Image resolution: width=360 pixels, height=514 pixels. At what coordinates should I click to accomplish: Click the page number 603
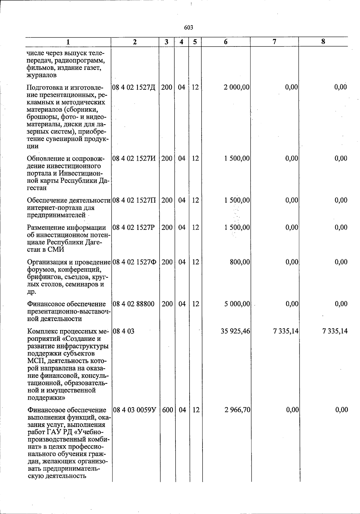click(x=188, y=28)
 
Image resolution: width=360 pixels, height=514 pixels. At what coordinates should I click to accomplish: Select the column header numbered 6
click(x=226, y=42)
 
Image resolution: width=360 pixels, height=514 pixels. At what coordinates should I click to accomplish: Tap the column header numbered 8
click(x=323, y=42)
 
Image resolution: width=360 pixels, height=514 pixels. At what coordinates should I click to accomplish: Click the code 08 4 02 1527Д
click(x=134, y=87)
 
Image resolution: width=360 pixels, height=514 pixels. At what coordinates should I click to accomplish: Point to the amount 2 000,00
click(x=237, y=87)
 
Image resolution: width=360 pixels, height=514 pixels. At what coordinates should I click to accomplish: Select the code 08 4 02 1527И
click(x=134, y=158)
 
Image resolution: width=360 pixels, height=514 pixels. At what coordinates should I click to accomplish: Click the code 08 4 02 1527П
click(x=134, y=200)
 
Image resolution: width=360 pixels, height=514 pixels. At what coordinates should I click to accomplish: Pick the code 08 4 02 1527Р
click(x=133, y=227)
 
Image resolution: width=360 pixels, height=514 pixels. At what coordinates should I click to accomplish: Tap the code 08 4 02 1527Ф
click(x=134, y=262)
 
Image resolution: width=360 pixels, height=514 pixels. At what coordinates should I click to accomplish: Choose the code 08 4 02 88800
click(x=133, y=304)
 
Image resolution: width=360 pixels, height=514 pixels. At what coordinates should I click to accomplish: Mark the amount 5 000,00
click(x=237, y=304)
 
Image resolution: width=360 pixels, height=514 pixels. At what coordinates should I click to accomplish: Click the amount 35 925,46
click(x=235, y=331)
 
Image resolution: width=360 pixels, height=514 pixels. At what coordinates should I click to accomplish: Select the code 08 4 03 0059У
click(x=135, y=410)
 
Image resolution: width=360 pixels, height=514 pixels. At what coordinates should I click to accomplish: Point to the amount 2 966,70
click(x=237, y=410)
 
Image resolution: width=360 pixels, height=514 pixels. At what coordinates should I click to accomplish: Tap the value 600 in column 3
click(x=167, y=410)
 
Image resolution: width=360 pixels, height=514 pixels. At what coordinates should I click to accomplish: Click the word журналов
click(x=42, y=75)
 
